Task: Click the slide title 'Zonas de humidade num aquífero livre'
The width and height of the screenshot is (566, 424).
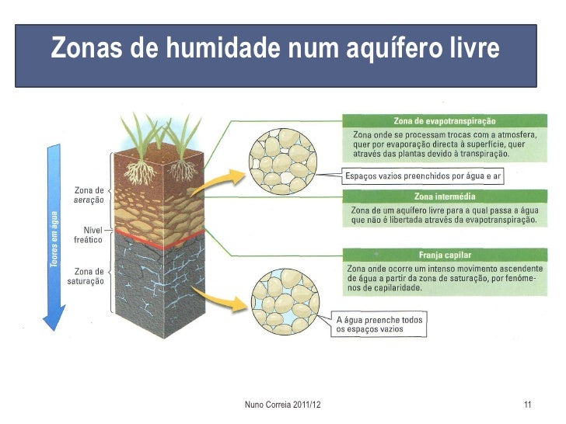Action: tap(274, 50)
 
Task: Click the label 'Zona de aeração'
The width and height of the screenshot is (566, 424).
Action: tap(88, 195)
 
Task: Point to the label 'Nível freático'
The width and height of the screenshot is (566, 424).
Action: tap(88, 235)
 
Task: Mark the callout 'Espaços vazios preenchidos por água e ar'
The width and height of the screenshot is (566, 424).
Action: tap(423, 176)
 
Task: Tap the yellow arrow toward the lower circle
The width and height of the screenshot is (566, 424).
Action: tap(215, 298)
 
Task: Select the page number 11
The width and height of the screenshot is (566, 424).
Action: tap(528, 405)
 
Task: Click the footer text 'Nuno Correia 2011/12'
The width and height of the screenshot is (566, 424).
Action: tap(282, 405)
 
